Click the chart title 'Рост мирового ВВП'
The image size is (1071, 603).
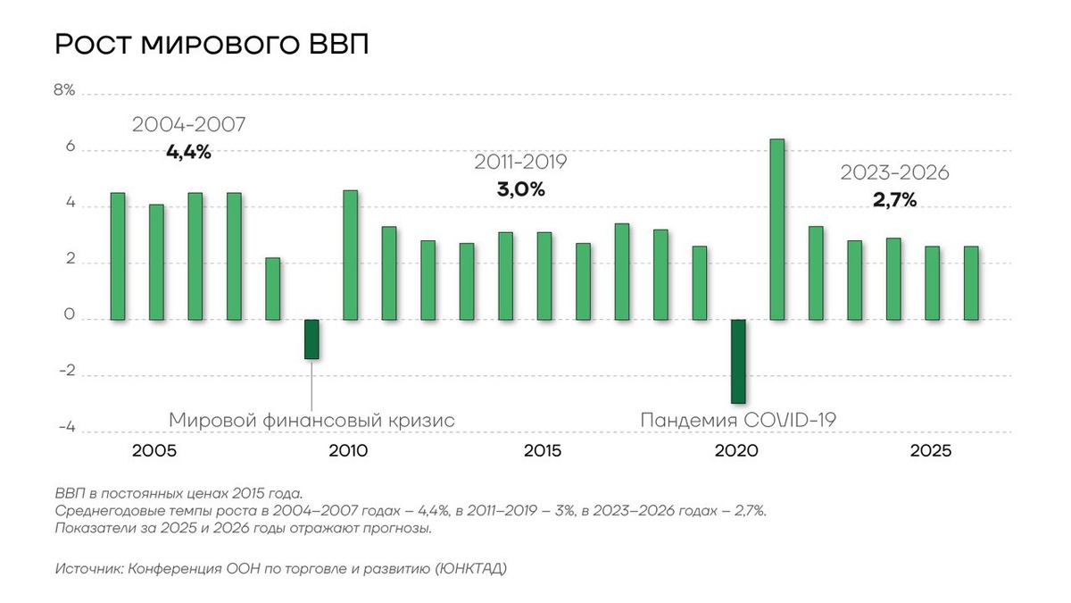pos(212,45)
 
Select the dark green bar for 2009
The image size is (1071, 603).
pos(311,339)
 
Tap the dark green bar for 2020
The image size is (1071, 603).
pos(738,361)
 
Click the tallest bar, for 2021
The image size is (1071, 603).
pos(777,229)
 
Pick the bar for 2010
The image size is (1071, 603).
pos(351,255)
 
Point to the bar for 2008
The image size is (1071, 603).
pos(273,289)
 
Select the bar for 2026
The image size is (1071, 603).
pos(971,282)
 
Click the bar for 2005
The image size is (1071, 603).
pos(156,262)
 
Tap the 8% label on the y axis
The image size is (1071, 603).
pos(64,92)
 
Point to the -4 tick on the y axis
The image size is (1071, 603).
pos(66,429)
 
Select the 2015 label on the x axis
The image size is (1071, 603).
pos(544,451)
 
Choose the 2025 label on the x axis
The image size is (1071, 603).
pos(931,451)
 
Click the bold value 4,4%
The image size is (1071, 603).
pos(188,152)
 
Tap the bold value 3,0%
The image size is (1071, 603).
pos(520,189)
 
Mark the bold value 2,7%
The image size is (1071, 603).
pos(894,200)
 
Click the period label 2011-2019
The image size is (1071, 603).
pos(520,163)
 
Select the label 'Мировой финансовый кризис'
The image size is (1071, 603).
pos(311,420)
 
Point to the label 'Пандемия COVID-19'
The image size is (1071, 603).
pos(738,420)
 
